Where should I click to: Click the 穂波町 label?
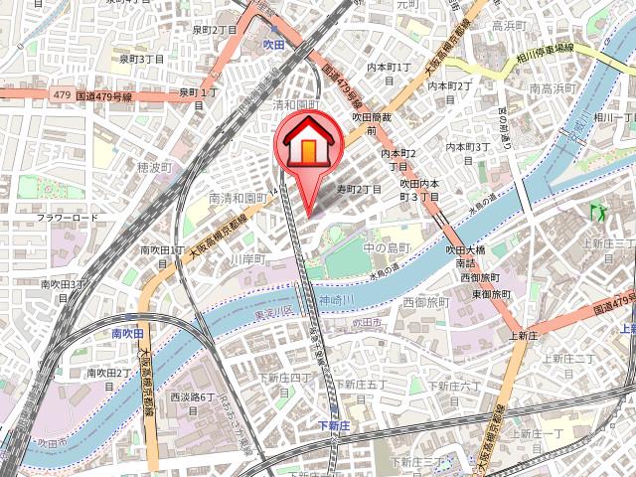click(x=154, y=167)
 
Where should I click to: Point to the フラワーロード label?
click(x=68, y=217)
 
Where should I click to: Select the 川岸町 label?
click(x=247, y=258)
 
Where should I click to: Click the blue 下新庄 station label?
click(x=335, y=425)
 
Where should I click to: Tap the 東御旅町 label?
click(x=491, y=294)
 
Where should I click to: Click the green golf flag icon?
click(x=597, y=212)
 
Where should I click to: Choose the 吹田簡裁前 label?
click(x=374, y=123)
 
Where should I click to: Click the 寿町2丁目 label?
click(x=359, y=188)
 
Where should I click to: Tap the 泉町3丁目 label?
click(x=142, y=60)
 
